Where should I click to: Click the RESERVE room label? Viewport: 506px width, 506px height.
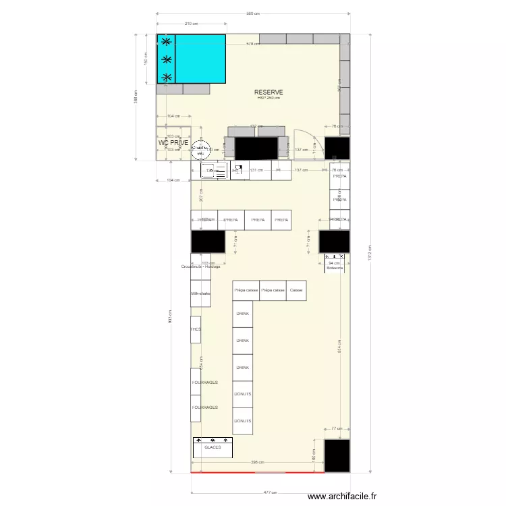pos(269,92)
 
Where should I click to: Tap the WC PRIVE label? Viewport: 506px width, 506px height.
pos(173,143)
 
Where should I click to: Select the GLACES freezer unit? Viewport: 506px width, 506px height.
pos(213,447)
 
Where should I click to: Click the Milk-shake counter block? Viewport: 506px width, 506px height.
pos(200,293)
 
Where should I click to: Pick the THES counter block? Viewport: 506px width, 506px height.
pos(196,329)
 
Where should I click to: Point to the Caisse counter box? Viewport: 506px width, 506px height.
pos(296,290)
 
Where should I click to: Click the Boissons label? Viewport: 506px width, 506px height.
pos(335,268)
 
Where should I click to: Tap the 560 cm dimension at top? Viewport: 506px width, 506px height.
pos(253,13)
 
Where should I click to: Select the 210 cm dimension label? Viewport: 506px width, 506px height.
pos(191,24)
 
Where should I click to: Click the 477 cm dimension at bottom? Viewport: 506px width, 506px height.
pos(270,493)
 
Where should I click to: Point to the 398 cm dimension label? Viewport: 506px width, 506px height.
pos(257,462)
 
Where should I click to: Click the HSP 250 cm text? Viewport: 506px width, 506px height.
pos(269,99)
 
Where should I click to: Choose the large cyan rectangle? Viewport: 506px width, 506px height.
pos(200,59)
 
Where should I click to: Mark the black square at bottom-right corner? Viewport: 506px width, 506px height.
pos(337,455)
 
